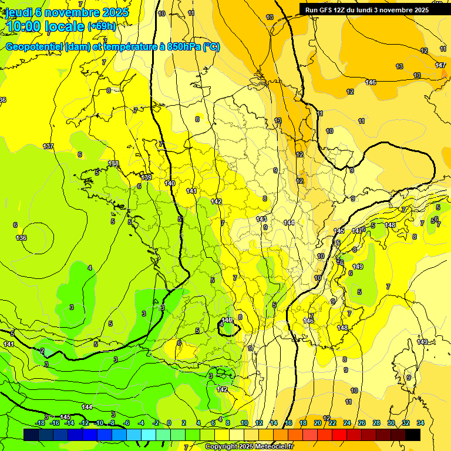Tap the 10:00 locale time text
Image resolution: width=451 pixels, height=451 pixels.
coord(45,26)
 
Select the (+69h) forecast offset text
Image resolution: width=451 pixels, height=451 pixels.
coord(101,26)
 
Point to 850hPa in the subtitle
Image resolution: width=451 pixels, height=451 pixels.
coord(184,47)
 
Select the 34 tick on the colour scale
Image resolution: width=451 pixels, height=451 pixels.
coord(420,423)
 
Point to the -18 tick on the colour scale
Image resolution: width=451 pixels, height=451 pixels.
coord(40,423)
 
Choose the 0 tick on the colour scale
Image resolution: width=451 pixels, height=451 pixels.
coord(169,423)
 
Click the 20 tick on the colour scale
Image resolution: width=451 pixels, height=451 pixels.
coord(318,423)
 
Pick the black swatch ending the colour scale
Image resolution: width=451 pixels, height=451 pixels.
coord(413,435)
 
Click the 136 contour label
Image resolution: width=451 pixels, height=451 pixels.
coord(21,238)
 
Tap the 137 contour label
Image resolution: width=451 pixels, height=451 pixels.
coord(48,146)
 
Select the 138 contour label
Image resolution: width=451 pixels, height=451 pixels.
coord(113,164)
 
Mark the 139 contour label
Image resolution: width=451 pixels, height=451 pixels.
coord(147,177)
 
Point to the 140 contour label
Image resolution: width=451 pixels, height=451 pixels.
coord(170,184)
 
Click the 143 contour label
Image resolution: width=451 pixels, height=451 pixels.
coord(261,219)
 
